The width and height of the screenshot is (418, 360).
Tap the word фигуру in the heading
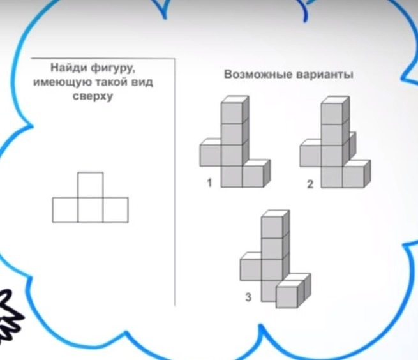point(114,69)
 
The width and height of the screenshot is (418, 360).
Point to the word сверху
point(93,96)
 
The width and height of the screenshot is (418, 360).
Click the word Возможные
point(258,74)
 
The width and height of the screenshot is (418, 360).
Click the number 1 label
point(209,183)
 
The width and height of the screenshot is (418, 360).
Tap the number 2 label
point(310,184)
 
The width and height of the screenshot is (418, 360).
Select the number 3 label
point(248,297)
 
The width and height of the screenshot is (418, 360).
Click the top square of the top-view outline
point(91,185)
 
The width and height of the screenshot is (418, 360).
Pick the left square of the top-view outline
point(65,210)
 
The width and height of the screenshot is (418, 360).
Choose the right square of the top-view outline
point(116,210)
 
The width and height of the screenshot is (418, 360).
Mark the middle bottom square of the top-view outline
point(91,210)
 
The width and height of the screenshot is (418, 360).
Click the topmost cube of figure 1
point(235,110)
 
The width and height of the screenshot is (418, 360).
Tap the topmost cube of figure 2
point(335,110)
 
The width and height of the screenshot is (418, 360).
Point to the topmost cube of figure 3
point(275,224)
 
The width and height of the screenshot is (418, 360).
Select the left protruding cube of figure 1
point(211,153)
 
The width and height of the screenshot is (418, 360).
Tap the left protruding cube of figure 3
point(251,267)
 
